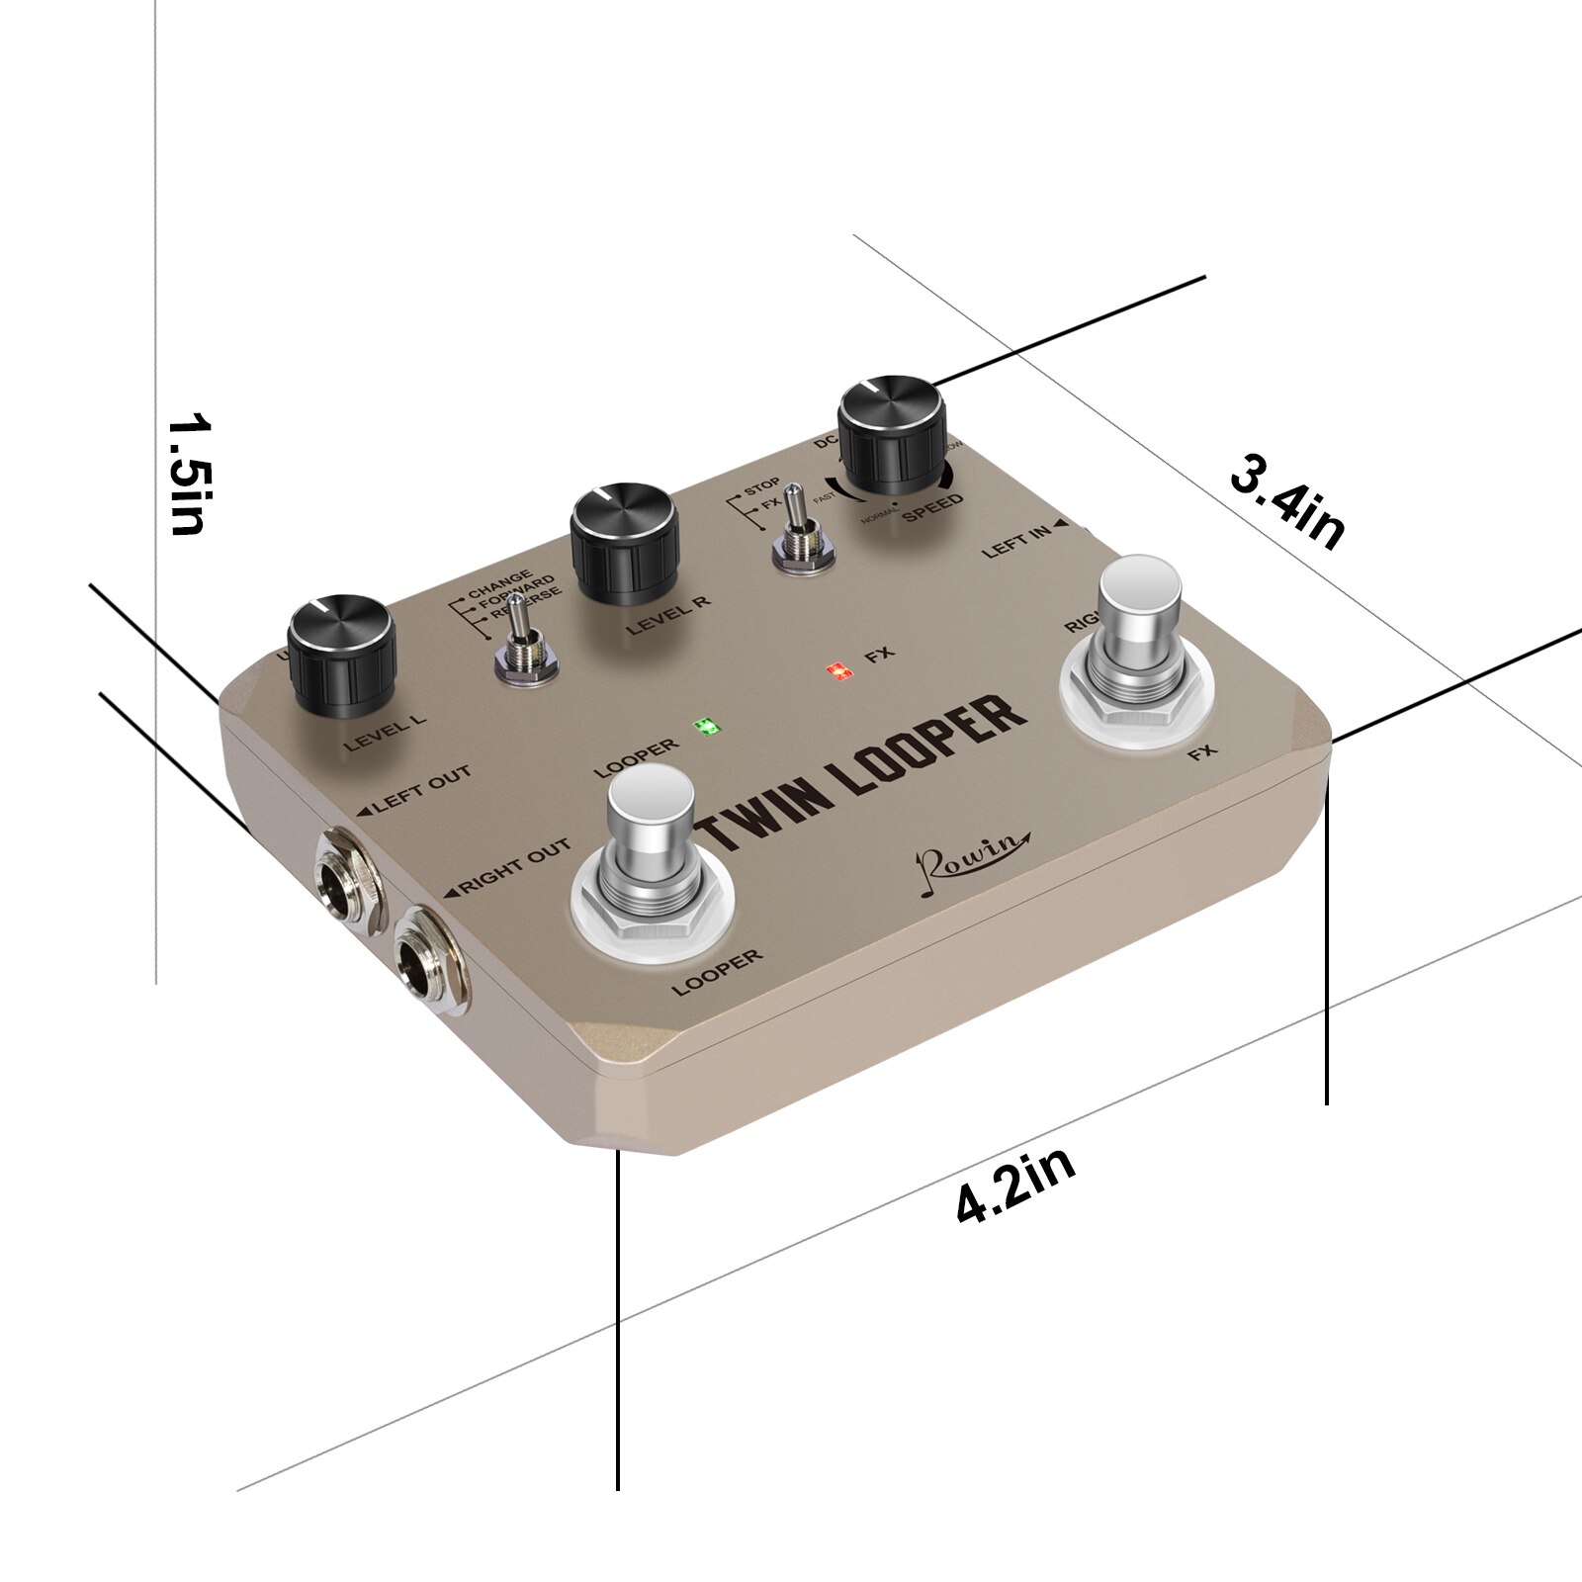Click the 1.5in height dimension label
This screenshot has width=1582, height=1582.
188,475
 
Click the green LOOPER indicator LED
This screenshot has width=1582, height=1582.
707,727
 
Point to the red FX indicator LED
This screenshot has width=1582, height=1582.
839,672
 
